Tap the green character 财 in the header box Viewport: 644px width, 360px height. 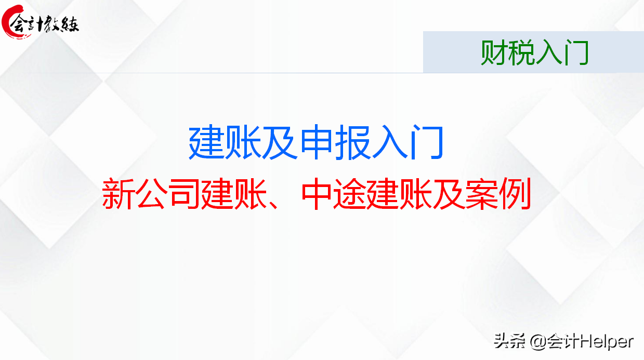coord(493,53)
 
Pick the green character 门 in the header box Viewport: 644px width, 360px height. coord(576,53)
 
